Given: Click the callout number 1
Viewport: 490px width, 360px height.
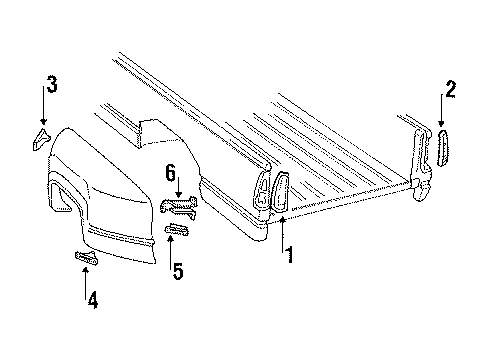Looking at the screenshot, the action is click(x=290, y=255).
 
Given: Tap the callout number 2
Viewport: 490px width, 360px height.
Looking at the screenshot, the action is click(x=450, y=91).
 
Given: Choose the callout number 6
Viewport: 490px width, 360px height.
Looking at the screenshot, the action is click(x=171, y=171).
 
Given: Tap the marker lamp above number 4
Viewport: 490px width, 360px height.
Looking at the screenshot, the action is click(x=87, y=259).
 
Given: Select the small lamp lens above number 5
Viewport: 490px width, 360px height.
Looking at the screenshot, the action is click(x=178, y=232).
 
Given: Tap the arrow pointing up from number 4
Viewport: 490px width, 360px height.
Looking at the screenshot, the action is click(x=85, y=277).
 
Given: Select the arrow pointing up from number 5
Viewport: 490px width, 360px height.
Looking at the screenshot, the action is click(x=177, y=249).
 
